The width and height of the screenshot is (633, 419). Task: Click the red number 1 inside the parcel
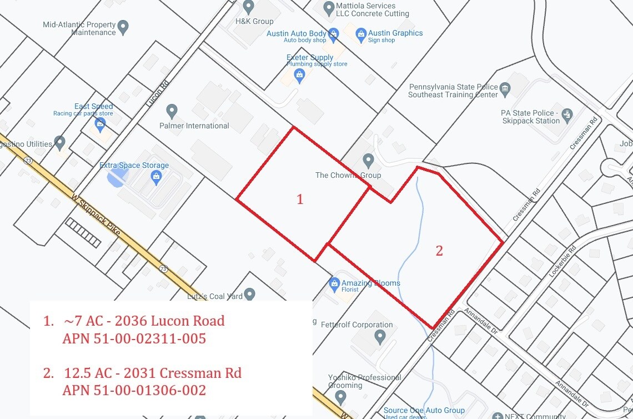(x=300, y=199)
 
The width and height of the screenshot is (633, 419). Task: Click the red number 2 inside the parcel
(x=439, y=251)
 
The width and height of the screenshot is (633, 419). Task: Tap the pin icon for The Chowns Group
(x=368, y=162)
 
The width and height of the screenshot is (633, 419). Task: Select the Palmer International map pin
(x=172, y=111)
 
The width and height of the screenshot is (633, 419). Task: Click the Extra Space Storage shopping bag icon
(x=156, y=177)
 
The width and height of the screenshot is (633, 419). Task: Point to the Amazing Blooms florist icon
(x=334, y=285)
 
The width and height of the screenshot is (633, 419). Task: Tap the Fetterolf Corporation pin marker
(x=380, y=337)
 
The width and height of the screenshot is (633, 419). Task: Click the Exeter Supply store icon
(x=300, y=75)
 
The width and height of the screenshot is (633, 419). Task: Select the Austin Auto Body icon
(x=334, y=34)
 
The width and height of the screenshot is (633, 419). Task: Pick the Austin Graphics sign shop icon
(x=361, y=34)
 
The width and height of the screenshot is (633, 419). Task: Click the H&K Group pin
(x=249, y=7)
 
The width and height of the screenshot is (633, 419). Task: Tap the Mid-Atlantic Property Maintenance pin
(x=123, y=26)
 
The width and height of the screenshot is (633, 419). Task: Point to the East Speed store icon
(x=100, y=123)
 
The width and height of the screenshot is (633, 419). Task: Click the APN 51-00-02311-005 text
(x=134, y=338)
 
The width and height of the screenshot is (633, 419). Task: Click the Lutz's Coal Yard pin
(x=250, y=293)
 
